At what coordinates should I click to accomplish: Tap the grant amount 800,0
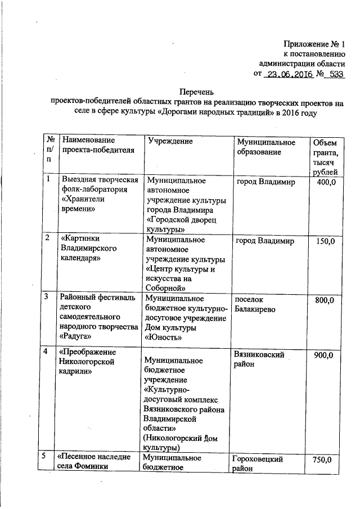pyautogui.click(x=325, y=300)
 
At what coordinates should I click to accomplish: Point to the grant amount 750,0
pyautogui.click(x=325, y=460)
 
